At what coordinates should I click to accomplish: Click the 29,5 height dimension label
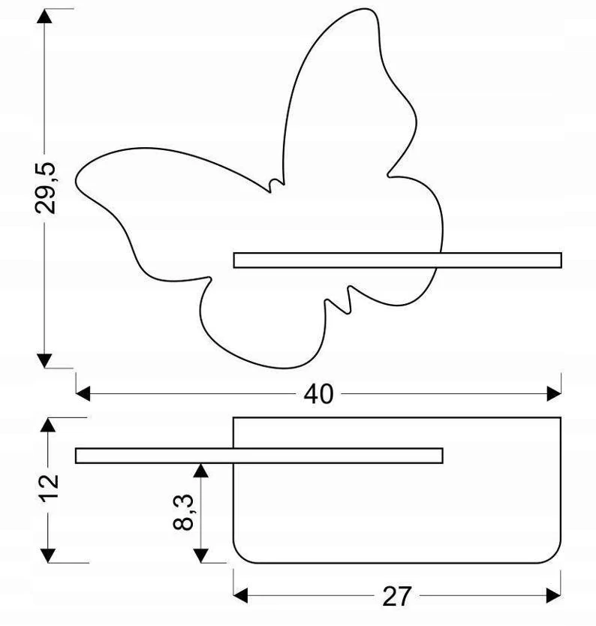click(x=45, y=188)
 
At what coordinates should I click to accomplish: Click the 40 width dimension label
click(x=318, y=394)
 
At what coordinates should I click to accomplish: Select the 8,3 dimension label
click(x=183, y=512)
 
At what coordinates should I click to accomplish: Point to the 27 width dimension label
click(x=396, y=596)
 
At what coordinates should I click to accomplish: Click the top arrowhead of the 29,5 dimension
click(x=44, y=16)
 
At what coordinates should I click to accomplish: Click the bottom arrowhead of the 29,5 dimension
click(x=44, y=360)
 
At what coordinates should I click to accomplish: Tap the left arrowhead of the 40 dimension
click(x=83, y=393)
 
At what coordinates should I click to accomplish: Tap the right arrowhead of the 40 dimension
click(x=554, y=393)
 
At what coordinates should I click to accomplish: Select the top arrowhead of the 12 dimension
click(x=48, y=425)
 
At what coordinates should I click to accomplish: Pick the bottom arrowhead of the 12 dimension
click(x=48, y=555)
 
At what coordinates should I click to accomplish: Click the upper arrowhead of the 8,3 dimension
click(x=201, y=471)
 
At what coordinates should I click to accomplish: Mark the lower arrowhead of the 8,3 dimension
click(x=201, y=555)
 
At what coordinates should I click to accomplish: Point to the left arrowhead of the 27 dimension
click(x=240, y=596)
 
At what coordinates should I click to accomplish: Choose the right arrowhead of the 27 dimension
click(x=553, y=596)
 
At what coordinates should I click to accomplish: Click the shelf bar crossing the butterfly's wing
click(x=398, y=260)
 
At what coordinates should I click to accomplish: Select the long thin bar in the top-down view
click(x=259, y=456)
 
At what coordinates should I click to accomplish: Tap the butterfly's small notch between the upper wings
click(x=275, y=185)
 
